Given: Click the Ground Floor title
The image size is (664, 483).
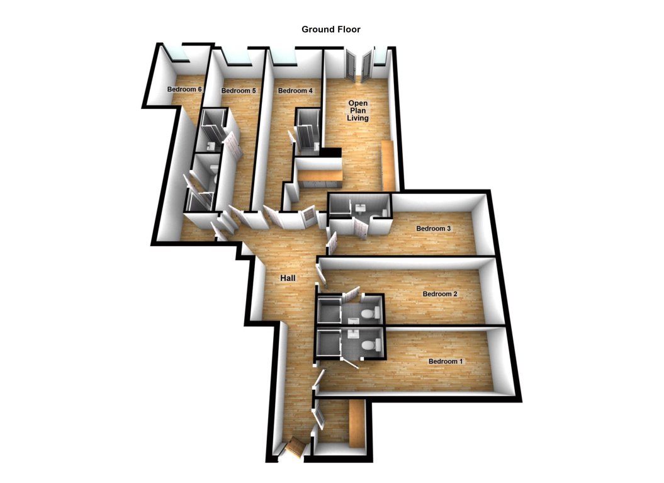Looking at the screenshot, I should pos(330,30).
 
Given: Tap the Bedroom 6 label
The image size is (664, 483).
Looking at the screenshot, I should pos(184,89).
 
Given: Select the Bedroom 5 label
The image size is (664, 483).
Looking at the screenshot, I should pos(239,91).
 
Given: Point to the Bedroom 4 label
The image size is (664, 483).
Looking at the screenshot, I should pos(295,91).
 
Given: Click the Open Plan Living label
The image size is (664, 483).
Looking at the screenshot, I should pos(359,110).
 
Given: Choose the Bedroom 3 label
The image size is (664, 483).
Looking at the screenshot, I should pos(434,228).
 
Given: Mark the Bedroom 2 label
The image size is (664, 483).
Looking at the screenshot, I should pos(440,294).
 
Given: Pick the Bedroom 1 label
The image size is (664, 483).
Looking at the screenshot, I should pos(446,361).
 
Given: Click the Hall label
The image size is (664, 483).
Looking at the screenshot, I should pos(288,278).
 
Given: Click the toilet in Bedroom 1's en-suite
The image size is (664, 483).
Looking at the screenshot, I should pos(373,344).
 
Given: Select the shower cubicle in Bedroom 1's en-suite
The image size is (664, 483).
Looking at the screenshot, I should pos(329,343).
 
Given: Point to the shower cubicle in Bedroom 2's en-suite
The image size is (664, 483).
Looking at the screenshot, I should pos(329,310).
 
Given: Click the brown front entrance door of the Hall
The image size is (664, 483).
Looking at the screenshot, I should pos(295,448).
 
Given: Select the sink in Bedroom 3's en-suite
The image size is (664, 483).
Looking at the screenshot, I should pos(361,207).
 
